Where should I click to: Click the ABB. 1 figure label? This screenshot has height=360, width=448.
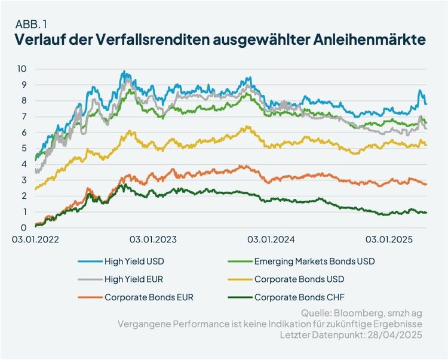pos(29,25)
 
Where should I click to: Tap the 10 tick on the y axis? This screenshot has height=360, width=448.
pos(22,69)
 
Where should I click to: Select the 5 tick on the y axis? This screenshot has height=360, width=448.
pos(23,148)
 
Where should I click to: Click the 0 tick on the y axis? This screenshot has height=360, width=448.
pos(23,227)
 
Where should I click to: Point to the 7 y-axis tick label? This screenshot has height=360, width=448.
pos(23,116)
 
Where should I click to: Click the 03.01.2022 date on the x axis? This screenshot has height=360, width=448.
pos(36,240)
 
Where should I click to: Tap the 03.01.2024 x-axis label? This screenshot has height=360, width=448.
pos(272,240)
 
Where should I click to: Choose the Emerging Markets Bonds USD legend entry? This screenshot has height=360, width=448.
pos(314,261)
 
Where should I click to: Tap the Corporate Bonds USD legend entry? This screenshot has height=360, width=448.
pos(299,279)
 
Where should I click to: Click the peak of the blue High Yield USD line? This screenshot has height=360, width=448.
pos(124,72)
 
